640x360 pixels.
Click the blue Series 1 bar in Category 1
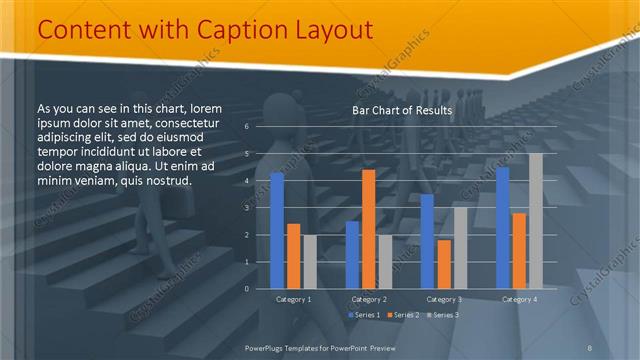277,231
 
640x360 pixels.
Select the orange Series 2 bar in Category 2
368,229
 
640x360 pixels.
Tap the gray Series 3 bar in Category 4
536,221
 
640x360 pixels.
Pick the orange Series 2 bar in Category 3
443,264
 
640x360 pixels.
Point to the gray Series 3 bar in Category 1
309,262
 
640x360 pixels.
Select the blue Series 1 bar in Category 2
352,255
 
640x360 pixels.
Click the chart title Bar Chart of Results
402,110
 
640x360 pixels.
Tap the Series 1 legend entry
364,315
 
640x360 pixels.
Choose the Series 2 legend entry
403,315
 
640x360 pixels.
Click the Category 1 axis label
293,299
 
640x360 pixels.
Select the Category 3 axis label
443,299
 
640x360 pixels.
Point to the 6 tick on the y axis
246,127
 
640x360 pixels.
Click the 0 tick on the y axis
246,289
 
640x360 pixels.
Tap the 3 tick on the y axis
246,208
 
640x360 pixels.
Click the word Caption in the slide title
233,30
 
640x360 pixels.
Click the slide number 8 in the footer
589,347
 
